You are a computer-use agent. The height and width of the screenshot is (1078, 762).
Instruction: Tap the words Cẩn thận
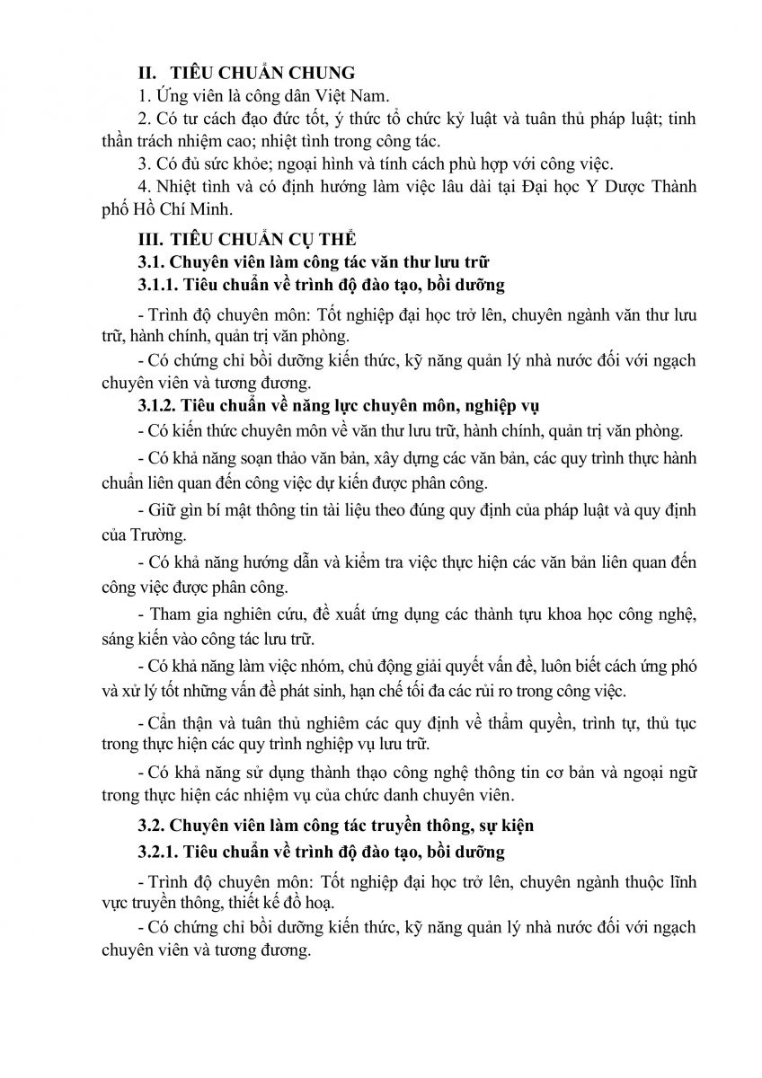pyautogui.click(x=180, y=722)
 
